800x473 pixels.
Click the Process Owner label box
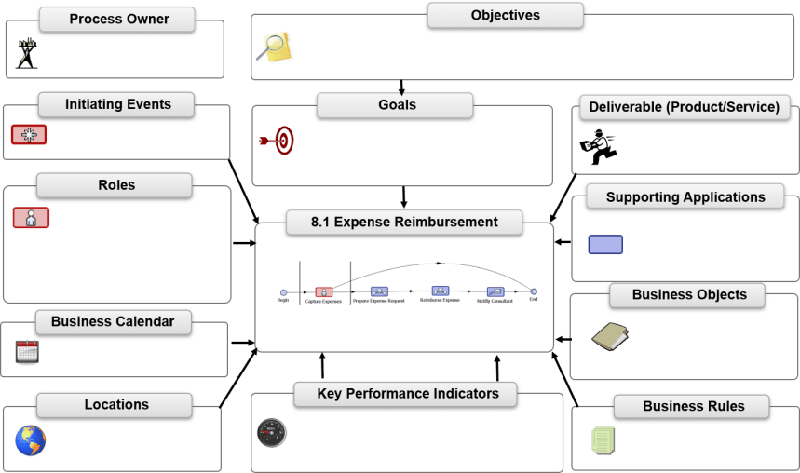coord(117,19)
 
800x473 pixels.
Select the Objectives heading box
coord(505,15)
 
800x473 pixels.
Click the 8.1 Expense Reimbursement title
coord(404,223)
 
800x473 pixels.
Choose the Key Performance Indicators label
coord(408,394)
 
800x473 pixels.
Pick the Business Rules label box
coord(693,406)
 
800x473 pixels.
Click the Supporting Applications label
coord(685,197)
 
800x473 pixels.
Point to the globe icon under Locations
coord(30,441)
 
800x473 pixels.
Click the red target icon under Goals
coord(278,141)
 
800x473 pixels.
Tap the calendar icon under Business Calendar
coord(27,352)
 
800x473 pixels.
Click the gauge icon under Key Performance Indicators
coord(272,432)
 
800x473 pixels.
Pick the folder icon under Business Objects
coord(611,336)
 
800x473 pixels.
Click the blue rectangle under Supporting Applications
coord(605,244)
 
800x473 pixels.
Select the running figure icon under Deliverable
coord(598,144)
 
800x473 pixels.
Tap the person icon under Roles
coord(31,219)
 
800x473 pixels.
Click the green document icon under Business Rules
coord(603,440)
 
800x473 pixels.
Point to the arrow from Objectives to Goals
coord(402,87)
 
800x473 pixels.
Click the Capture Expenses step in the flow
coord(323,292)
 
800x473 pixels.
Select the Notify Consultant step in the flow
coord(495,292)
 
